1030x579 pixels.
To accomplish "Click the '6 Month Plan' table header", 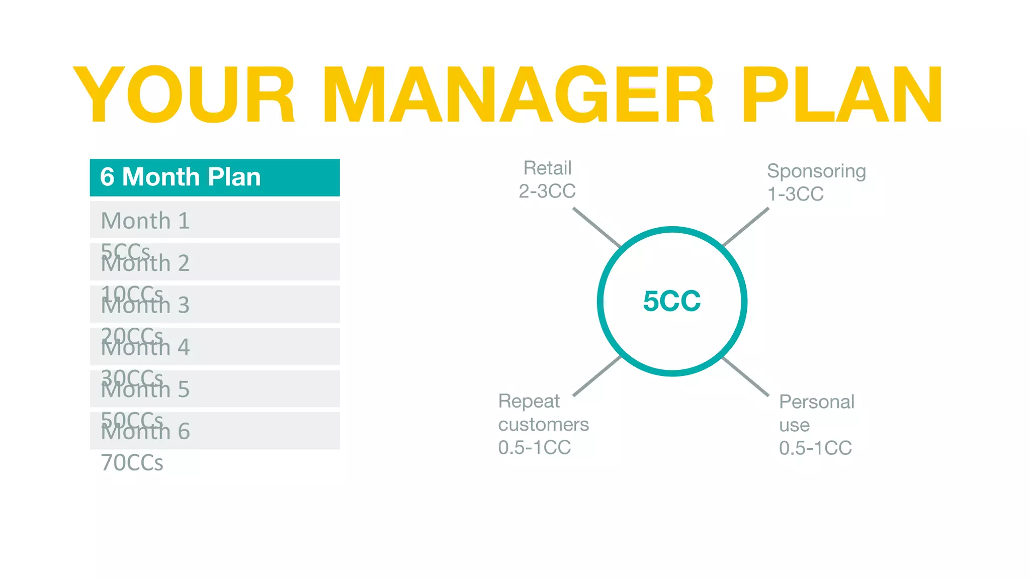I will point(180,177).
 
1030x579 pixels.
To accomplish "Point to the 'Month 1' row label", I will point(145,221).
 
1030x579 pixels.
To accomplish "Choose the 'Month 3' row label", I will point(145,306).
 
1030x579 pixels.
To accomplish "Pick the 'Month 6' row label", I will point(145,432).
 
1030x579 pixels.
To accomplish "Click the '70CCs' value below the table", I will point(132,463).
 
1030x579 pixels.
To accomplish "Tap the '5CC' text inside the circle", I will point(672,301).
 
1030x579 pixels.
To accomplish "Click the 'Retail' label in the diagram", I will point(547,168).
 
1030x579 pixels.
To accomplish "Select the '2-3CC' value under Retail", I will point(547,191).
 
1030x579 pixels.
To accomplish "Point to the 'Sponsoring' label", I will point(816,171).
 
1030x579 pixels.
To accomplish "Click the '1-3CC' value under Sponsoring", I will point(795,194).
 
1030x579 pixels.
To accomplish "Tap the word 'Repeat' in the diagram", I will point(529,401).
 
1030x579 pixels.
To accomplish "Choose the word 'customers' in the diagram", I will point(543,425).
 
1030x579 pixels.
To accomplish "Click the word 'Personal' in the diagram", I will point(816,402).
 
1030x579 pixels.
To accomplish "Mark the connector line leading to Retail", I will point(597,227).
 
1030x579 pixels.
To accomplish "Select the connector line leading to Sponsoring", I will point(746,227).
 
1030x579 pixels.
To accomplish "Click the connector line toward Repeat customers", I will point(597,376).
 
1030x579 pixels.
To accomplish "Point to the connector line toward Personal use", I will point(746,376).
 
